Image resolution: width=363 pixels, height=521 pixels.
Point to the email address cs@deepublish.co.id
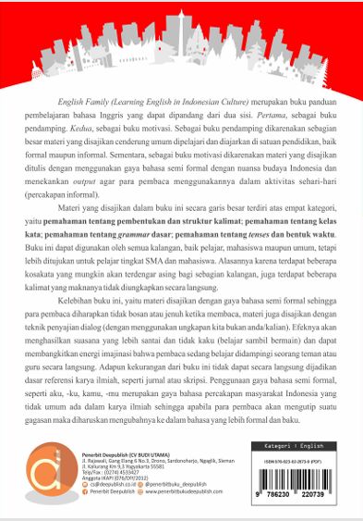(x=110, y=481)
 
